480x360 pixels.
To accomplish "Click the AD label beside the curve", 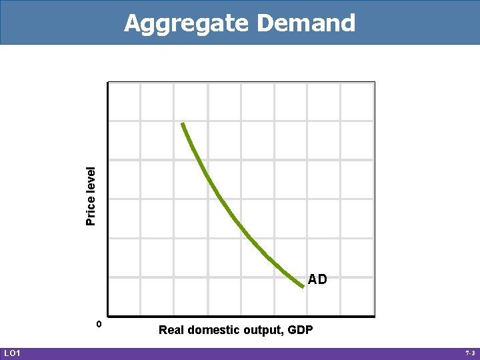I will point(317,280).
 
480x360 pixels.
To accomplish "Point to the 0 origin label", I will point(99,324).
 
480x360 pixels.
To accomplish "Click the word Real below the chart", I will point(172,330).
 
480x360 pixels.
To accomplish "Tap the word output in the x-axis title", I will point(263,330).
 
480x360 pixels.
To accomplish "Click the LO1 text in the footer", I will point(12,353).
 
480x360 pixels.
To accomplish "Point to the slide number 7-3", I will point(469,353).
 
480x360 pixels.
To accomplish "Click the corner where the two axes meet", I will point(107,316).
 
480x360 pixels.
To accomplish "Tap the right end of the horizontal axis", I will point(374,316).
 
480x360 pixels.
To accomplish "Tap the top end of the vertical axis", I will point(107,83).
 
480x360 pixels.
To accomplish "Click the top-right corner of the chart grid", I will point(374,83).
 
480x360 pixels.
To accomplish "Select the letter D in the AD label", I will point(323,280).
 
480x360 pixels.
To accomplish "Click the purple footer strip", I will point(240,353).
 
